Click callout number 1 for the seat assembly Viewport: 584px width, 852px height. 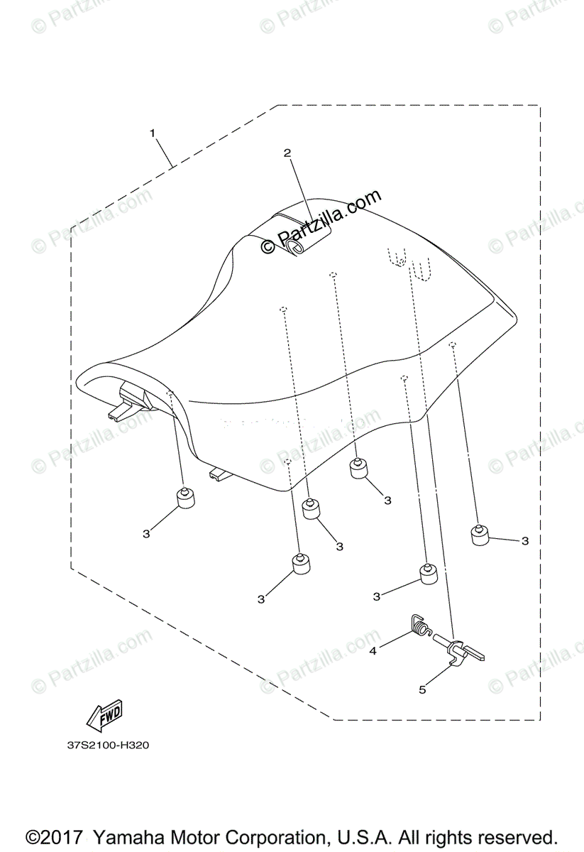tap(152, 133)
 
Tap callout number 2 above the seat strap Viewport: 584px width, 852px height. tap(287, 153)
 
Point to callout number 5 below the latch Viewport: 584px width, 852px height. tap(422, 689)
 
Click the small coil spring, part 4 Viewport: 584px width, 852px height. tap(422, 626)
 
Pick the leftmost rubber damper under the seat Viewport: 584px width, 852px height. tap(186, 499)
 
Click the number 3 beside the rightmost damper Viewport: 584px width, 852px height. tap(524, 541)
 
